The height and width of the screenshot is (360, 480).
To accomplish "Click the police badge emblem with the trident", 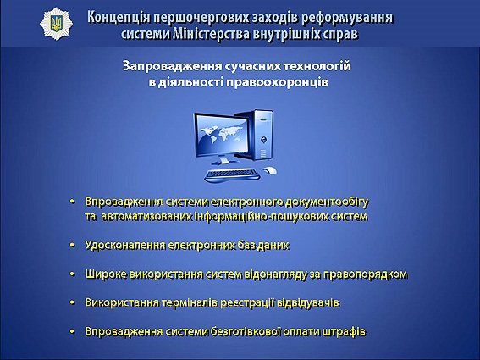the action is point(57,24).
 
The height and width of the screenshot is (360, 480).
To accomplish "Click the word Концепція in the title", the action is point(119,18).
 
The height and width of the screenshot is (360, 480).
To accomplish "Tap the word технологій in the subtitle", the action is point(317,66).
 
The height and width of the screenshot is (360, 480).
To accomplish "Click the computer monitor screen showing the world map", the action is point(222,135).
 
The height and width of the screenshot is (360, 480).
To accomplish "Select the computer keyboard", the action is point(232,175).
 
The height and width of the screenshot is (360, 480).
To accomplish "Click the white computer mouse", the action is point(270,170).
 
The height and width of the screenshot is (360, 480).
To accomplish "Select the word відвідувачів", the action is point(308,303).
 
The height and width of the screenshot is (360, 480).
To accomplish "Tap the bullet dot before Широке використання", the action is point(72,274).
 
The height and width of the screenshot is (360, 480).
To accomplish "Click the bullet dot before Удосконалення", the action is point(72,245).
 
